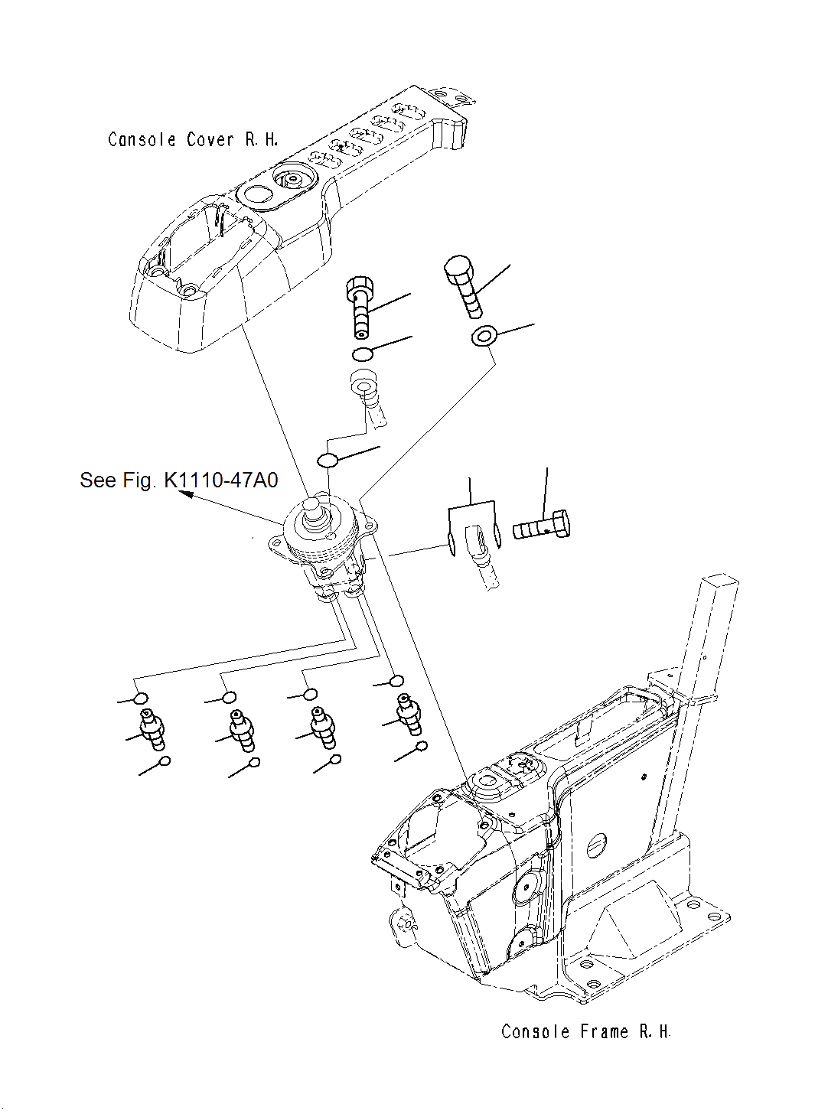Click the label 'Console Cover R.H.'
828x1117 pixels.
tap(193, 140)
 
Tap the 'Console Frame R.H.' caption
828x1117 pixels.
tap(585, 1031)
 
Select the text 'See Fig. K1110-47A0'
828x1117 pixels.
tap(179, 480)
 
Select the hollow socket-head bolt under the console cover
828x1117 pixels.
tap(359, 307)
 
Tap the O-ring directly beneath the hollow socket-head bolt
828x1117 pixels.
tap(363, 353)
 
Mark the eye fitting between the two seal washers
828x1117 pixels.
tap(475, 542)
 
